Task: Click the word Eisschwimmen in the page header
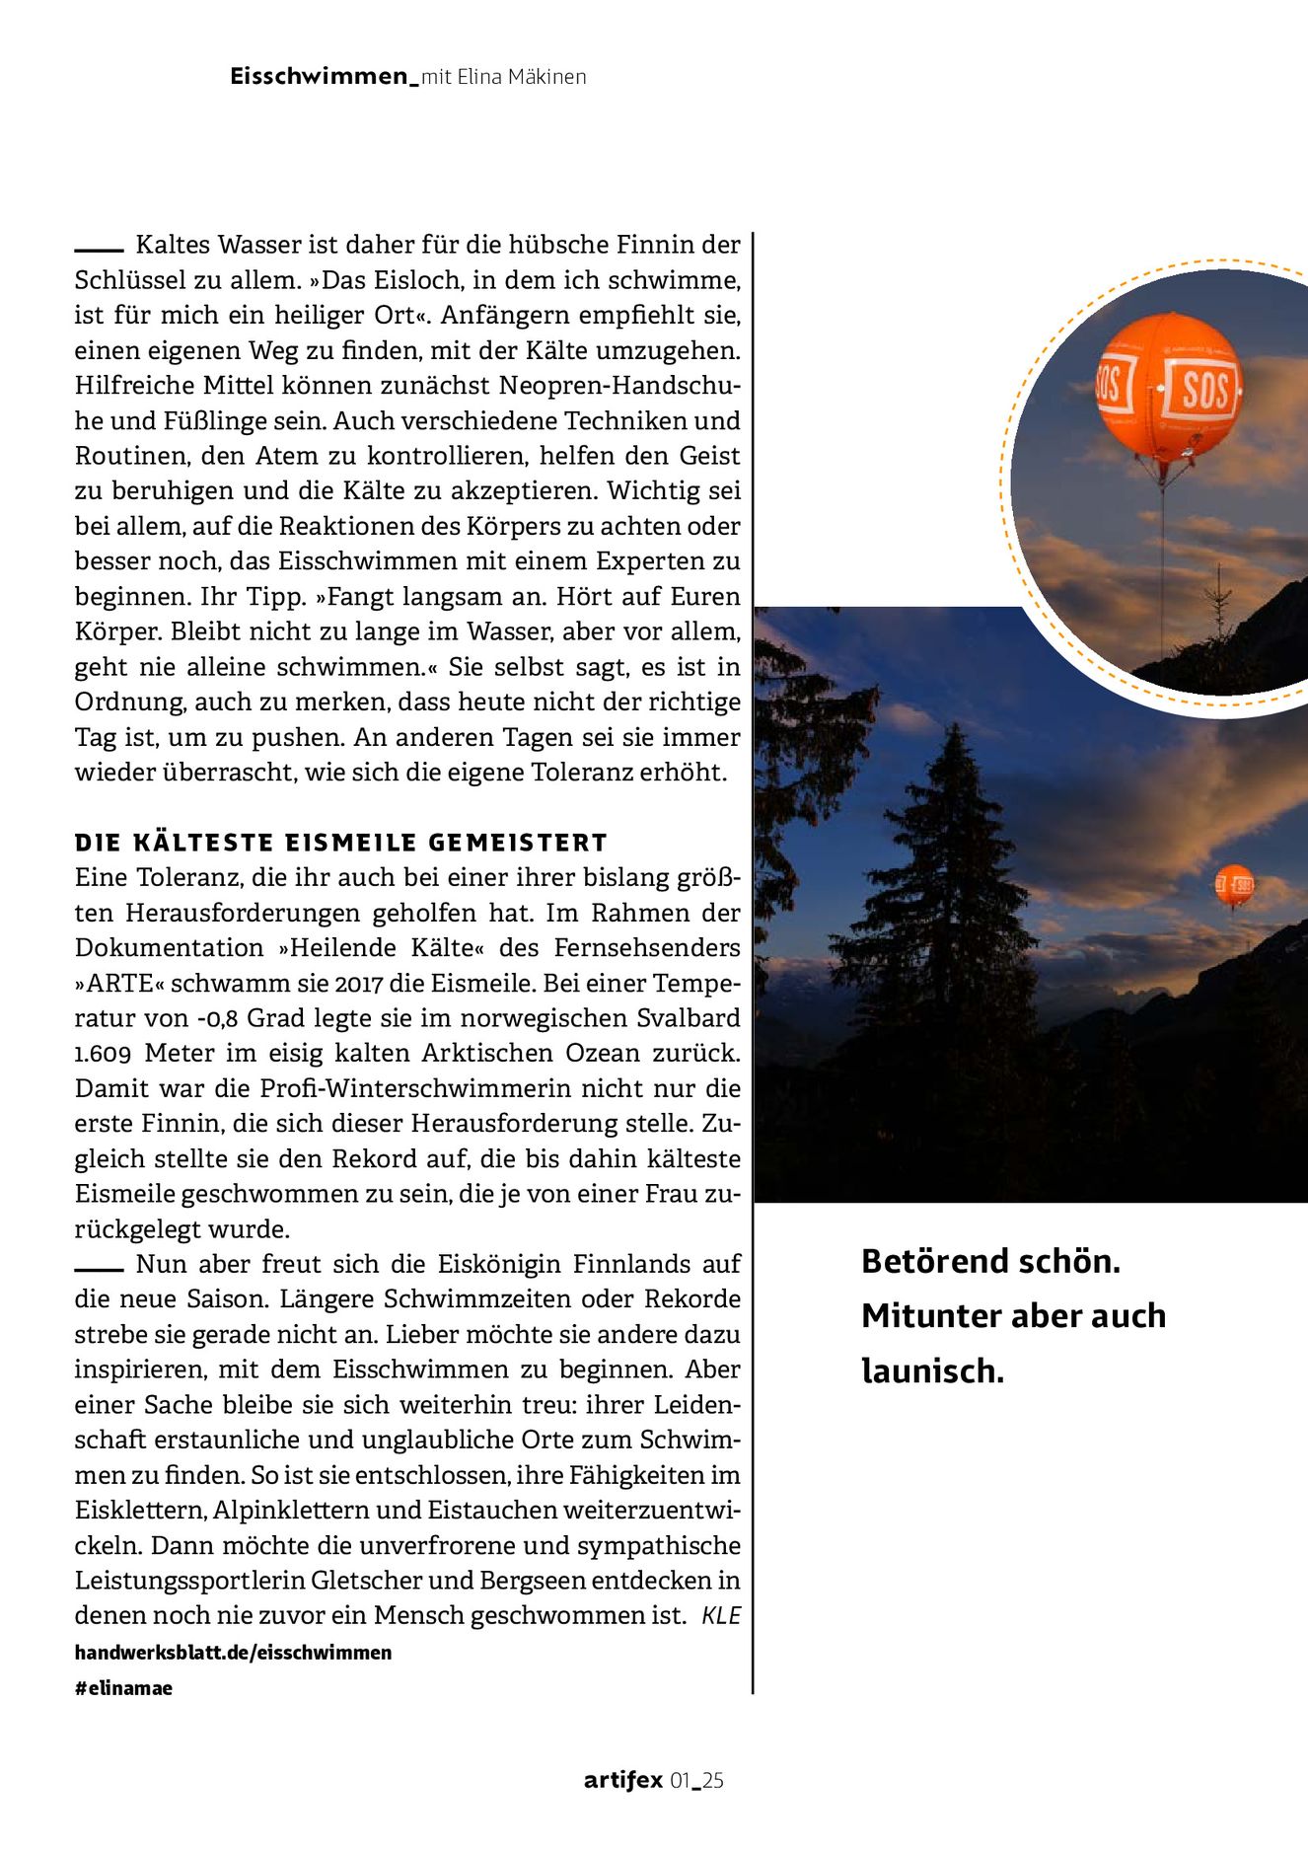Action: point(319,77)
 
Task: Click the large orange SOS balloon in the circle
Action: point(1168,387)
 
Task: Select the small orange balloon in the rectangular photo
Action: point(1233,884)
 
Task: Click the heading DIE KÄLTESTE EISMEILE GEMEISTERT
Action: point(341,843)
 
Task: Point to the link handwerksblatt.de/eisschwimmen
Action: point(233,1652)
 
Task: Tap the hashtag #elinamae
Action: point(123,1687)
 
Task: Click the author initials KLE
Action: point(720,1616)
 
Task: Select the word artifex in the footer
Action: point(622,1780)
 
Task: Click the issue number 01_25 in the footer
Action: point(697,1780)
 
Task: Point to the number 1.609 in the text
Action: point(103,1054)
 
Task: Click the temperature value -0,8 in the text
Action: point(210,1018)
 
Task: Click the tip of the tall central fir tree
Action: point(955,727)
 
